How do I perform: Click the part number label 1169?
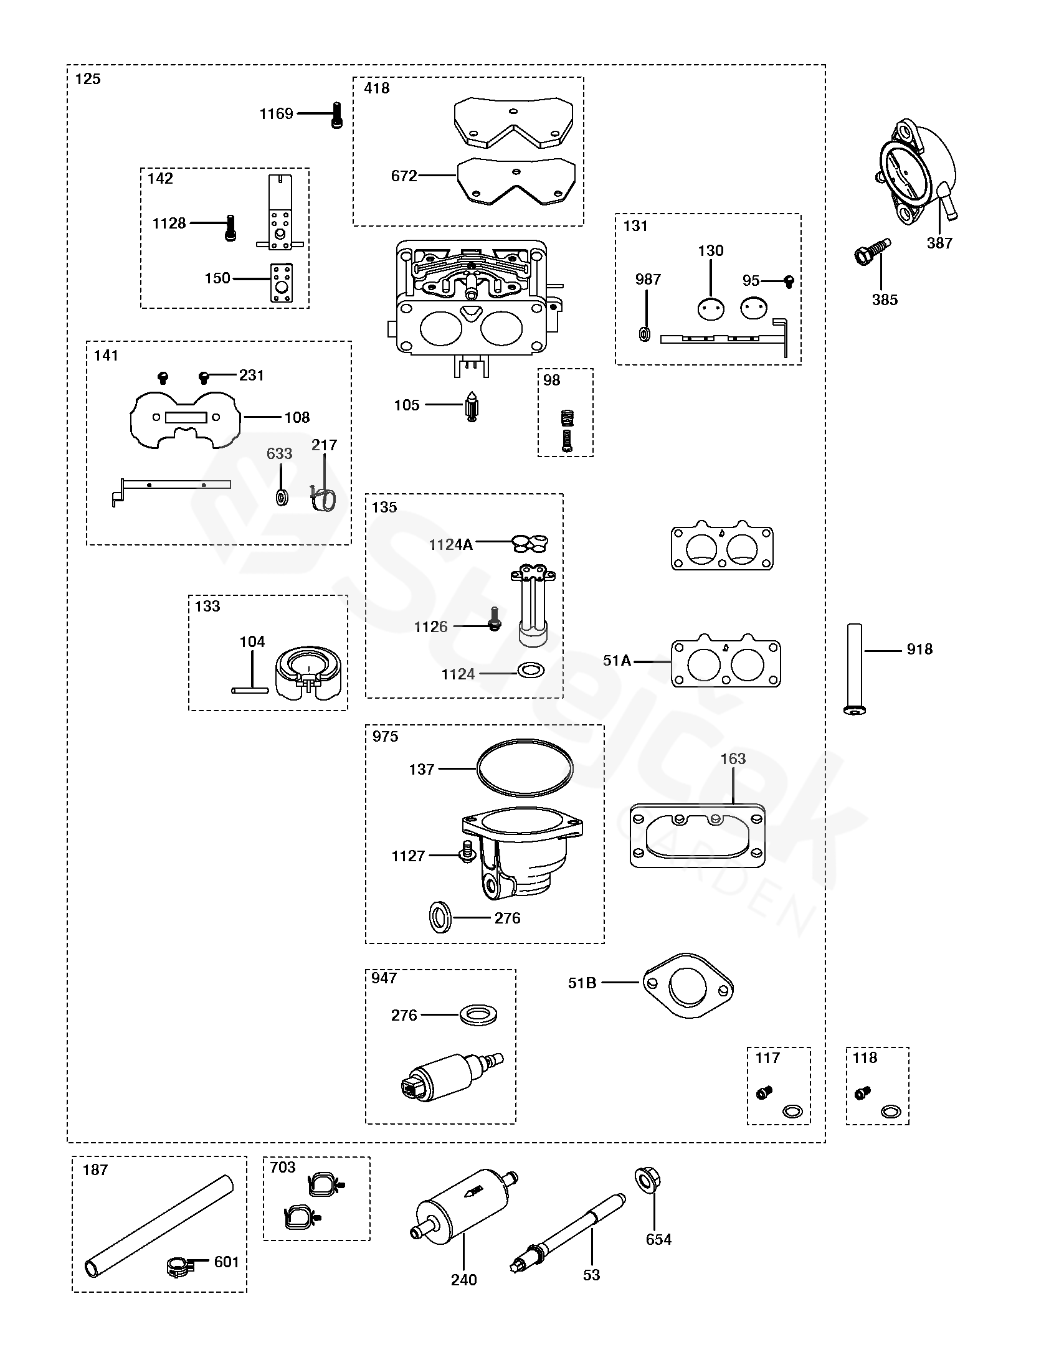[x=276, y=113]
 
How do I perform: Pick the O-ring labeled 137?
[x=525, y=768]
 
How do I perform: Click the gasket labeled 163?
[x=698, y=836]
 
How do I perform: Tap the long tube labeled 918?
[x=854, y=669]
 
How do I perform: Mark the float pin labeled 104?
[x=250, y=690]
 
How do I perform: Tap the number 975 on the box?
[x=385, y=737]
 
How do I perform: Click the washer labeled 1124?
[x=531, y=670]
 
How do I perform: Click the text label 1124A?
[x=450, y=544]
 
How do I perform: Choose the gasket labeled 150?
[x=282, y=283]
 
